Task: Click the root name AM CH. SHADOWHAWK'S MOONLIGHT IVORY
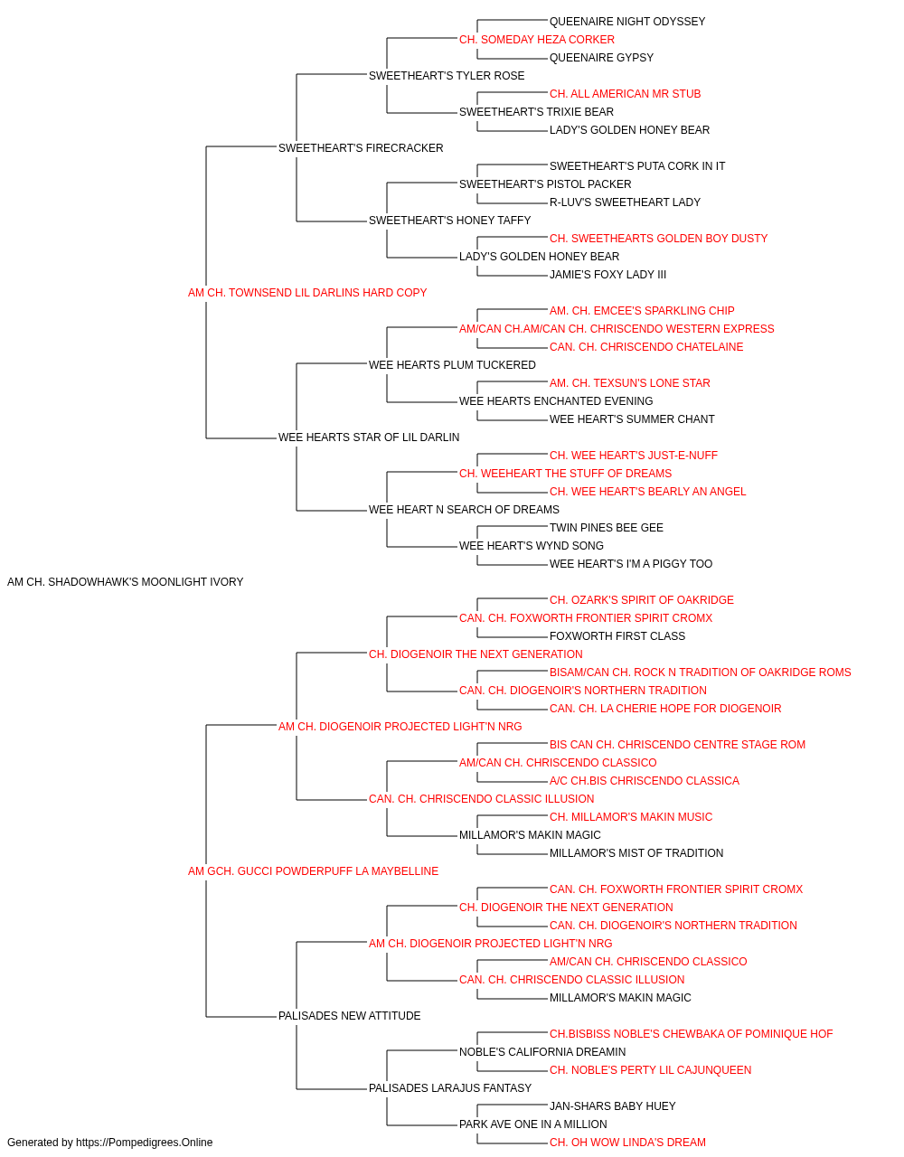125,582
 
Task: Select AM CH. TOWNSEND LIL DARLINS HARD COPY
307,293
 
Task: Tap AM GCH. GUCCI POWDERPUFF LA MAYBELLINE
313,871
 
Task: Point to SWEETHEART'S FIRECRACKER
361,148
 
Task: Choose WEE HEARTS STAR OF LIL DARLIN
369,437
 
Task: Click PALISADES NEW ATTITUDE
349,1016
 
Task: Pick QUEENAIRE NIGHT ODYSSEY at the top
627,22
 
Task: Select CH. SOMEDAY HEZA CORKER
537,40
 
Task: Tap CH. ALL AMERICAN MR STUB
625,94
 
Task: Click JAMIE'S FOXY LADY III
607,275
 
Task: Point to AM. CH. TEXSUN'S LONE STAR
630,383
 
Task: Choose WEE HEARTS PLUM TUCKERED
452,365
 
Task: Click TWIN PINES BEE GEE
607,528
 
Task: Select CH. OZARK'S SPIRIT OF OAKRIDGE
642,600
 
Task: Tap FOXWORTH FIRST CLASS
617,636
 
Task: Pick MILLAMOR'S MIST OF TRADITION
636,853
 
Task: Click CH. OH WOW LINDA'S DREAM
627,1143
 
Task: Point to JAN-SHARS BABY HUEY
612,1105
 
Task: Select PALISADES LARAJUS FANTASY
450,1087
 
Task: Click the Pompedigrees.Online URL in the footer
144,1143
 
